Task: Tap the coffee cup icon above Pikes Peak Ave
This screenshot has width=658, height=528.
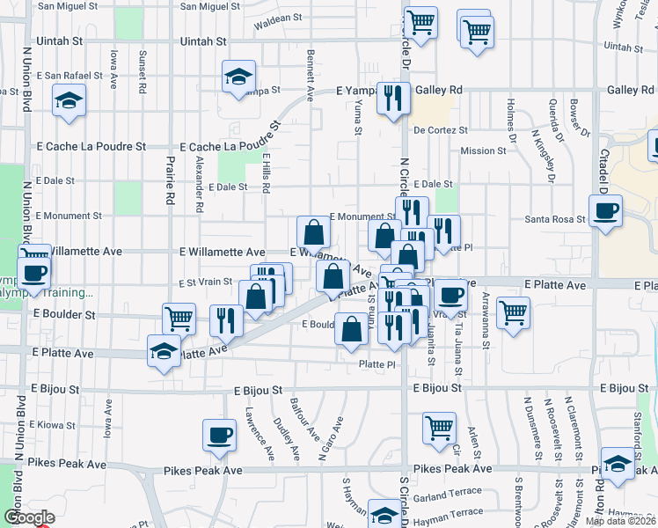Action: click(x=219, y=434)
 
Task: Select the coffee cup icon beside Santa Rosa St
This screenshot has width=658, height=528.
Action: click(x=605, y=212)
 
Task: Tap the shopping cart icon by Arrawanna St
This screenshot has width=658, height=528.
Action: click(x=512, y=311)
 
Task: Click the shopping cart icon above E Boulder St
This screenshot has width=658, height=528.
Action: click(x=179, y=317)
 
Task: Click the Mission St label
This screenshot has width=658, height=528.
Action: click(x=483, y=150)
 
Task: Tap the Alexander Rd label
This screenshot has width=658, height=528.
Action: click(x=200, y=183)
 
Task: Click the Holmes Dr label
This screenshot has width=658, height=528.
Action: click(x=511, y=122)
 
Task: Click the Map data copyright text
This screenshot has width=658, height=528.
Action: click(x=621, y=521)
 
